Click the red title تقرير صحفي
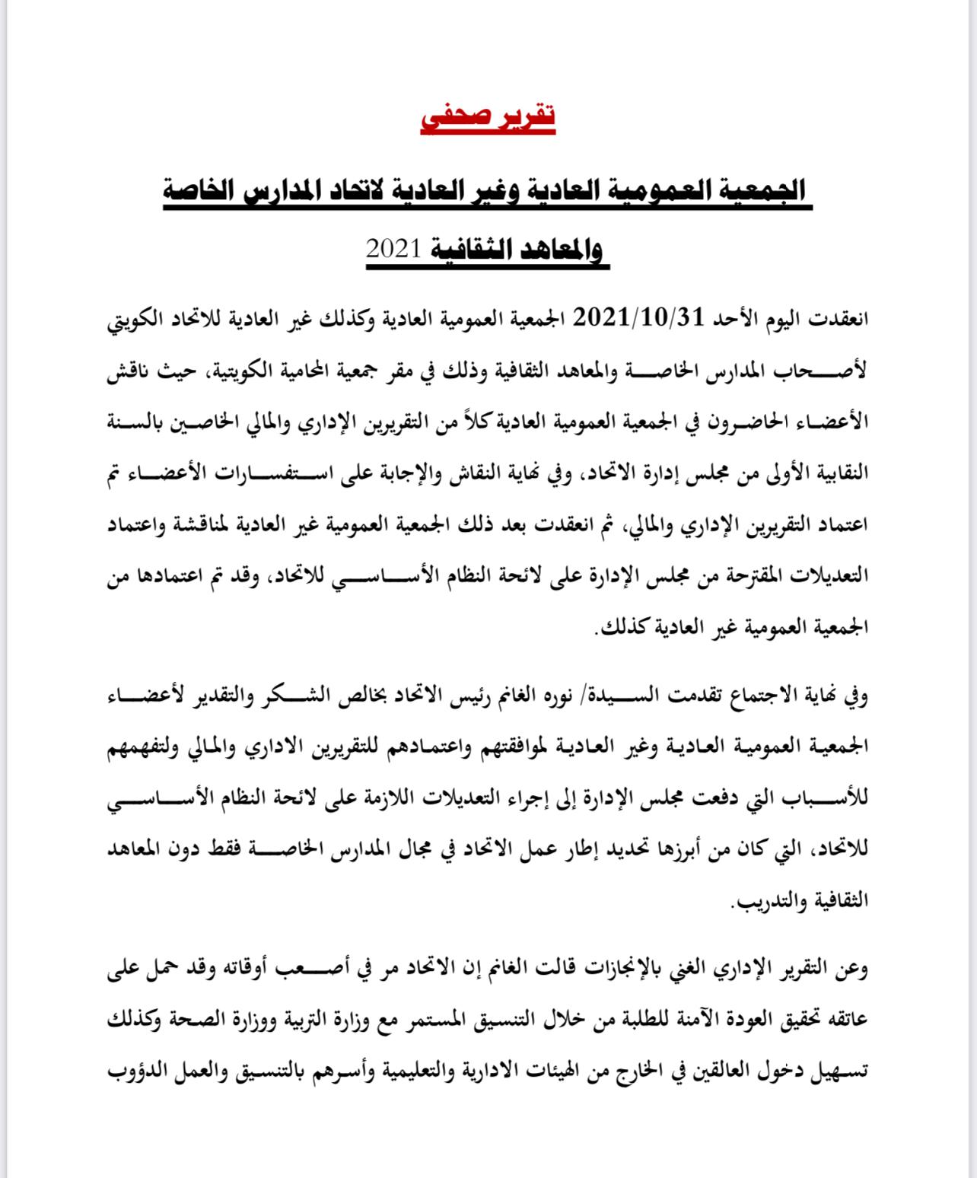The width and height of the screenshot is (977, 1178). pyautogui.click(x=488, y=116)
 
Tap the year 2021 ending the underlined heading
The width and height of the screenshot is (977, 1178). pyautogui.click(x=394, y=249)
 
